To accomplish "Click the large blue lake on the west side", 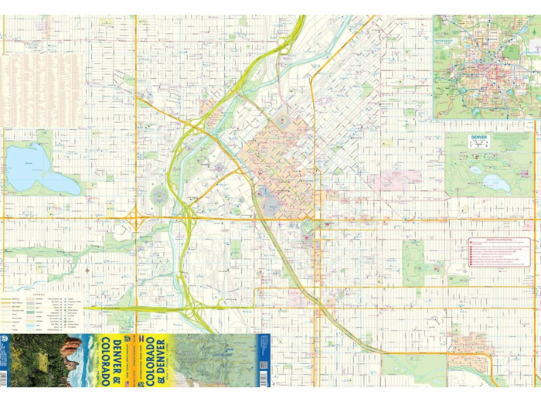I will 39,170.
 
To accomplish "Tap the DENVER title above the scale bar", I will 480,138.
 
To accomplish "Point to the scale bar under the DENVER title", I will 480,145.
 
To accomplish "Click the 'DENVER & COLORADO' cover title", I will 117,360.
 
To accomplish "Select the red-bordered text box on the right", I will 500,253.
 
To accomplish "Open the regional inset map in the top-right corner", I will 485,66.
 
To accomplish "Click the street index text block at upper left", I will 43,89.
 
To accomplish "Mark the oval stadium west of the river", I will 159,195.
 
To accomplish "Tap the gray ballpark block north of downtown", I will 282,121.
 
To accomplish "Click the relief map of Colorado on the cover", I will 213,359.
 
